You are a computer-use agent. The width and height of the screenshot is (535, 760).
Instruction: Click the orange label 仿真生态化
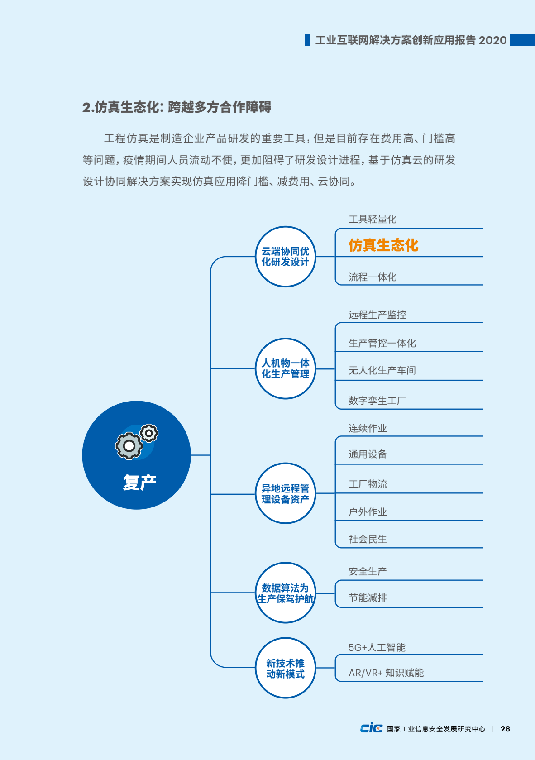coord(383,245)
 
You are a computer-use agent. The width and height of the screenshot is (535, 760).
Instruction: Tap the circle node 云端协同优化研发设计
coord(285,257)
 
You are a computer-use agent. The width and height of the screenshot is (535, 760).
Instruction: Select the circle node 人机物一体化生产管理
coord(285,368)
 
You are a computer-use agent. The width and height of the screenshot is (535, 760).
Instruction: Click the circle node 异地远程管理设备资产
coord(285,493)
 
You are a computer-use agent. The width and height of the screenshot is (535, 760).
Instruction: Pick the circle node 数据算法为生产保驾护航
coord(285,593)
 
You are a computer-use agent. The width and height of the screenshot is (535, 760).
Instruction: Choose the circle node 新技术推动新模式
coord(285,668)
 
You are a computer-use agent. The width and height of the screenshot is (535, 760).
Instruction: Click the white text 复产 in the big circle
coord(139,482)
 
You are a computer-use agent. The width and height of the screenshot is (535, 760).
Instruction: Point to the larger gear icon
coord(129,446)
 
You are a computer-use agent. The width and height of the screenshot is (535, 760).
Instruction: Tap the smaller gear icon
coord(148,433)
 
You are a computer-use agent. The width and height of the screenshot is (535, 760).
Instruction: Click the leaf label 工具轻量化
coord(373,219)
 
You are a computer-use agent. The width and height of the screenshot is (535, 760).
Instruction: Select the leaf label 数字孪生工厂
coord(377,401)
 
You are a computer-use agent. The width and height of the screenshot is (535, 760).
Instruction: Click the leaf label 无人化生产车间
coord(382,370)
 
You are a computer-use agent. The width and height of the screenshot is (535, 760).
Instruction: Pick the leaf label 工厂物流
coord(368,484)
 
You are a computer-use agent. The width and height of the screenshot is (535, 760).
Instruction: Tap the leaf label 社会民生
coord(368,539)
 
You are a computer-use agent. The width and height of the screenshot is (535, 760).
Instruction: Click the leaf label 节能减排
coord(368,597)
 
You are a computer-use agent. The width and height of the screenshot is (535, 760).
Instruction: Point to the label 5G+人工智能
coord(377,647)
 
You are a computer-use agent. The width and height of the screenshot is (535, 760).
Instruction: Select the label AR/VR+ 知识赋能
coord(387,673)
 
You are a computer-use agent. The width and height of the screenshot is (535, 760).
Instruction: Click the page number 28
coord(505,729)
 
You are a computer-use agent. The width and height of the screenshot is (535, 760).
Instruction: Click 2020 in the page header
coord(492,40)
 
